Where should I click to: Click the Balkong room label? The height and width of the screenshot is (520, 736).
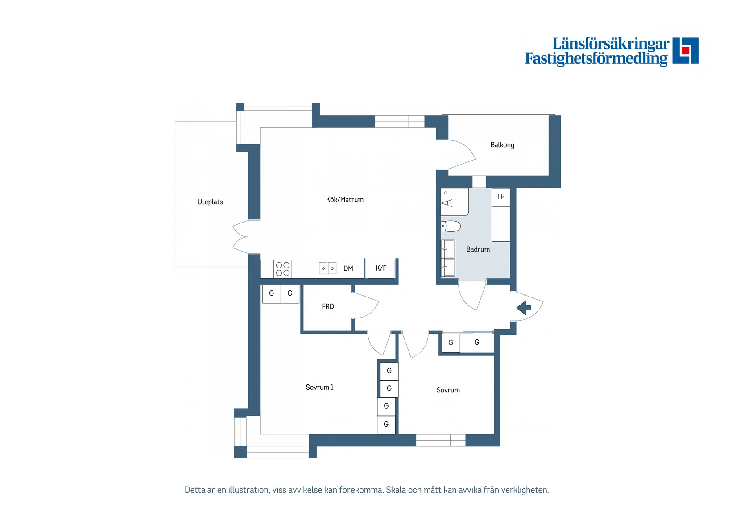[x=502, y=145]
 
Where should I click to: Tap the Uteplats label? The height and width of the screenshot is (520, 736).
[x=210, y=202]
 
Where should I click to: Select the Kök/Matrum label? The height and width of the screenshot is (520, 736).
[x=345, y=199]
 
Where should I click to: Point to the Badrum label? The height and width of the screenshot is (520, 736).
[x=478, y=249]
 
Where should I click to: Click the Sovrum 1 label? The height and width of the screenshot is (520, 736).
[x=319, y=387]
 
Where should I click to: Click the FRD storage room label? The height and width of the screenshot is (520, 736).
[x=328, y=306]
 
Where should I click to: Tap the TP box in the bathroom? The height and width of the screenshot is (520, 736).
[x=501, y=197]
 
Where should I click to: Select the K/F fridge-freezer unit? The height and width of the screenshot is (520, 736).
[x=381, y=268]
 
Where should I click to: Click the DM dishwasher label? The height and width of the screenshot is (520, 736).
[x=348, y=269]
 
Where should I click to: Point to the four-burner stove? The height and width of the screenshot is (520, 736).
[x=282, y=269]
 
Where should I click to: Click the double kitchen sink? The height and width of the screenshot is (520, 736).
[x=327, y=268]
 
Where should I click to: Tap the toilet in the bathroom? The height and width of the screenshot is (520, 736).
[x=451, y=227]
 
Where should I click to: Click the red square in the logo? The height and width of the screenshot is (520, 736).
[x=685, y=50]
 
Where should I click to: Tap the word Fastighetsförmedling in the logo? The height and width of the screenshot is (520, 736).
[x=596, y=58]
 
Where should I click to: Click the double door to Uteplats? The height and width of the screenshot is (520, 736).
[x=241, y=236]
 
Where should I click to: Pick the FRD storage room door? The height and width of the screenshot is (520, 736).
[x=365, y=305]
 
